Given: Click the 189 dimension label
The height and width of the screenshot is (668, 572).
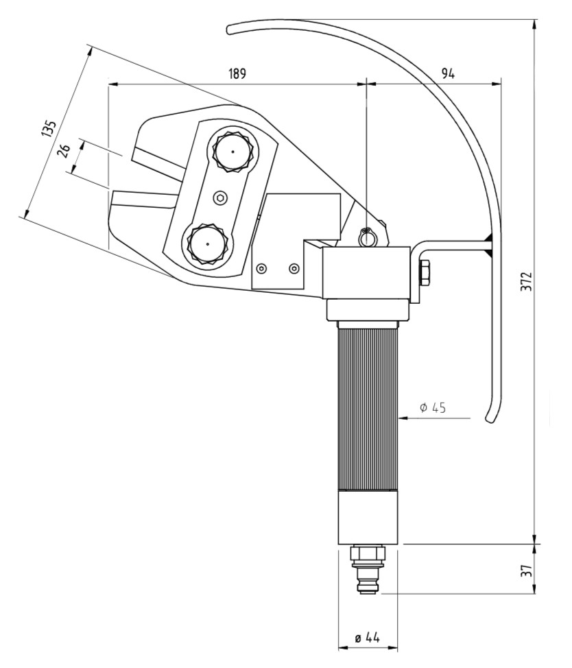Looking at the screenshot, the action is pyautogui.click(x=237, y=73).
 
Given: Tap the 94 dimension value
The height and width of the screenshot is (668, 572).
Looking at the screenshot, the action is pyautogui.click(x=448, y=73).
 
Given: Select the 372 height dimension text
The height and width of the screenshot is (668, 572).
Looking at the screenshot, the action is pyautogui.click(x=527, y=281).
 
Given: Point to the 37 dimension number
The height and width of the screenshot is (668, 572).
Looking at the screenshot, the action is pyautogui.click(x=527, y=571).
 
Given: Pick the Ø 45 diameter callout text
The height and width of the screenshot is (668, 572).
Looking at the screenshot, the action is pyautogui.click(x=433, y=407).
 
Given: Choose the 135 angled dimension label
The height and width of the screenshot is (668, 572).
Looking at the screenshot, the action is pyautogui.click(x=49, y=129).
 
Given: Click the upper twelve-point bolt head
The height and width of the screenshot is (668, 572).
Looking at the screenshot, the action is pyautogui.click(x=233, y=152).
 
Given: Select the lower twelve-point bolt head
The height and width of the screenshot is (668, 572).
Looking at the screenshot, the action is pyautogui.click(x=207, y=245).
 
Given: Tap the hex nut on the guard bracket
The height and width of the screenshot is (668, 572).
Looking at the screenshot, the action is pyautogui.click(x=425, y=273).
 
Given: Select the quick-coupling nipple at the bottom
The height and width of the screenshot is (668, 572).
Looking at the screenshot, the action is pyautogui.click(x=368, y=571).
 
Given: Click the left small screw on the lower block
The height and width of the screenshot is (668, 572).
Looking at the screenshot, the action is pyautogui.click(x=262, y=268).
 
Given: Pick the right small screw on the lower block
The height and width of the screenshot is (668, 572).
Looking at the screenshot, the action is pyautogui.click(x=294, y=268).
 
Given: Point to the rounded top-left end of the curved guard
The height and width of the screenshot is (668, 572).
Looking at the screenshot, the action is pyautogui.click(x=229, y=29).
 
